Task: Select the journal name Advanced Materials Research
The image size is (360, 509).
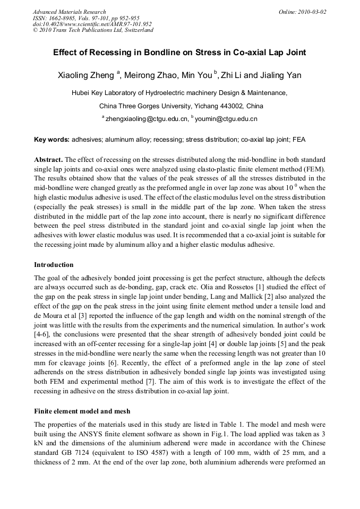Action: pyautogui.click(x=69, y=12)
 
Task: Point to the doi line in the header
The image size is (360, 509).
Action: pyautogui.click(x=92, y=24)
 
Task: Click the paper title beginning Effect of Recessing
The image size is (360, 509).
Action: pyautogui.click(x=179, y=53)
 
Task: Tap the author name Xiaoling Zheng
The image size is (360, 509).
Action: pyautogui.click(x=86, y=75)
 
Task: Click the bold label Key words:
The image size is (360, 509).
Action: pyautogui.click(x=52, y=140)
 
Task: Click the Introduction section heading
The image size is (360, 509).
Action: pyautogui.click(x=54, y=264)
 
